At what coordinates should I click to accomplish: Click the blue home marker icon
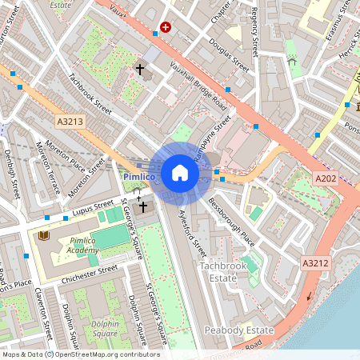tap(180, 173)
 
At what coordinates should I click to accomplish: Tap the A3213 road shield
tap(70, 121)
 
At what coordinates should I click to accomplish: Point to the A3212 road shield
tap(315, 262)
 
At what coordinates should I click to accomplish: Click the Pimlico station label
tap(139, 175)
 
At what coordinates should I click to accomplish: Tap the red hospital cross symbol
tap(166, 26)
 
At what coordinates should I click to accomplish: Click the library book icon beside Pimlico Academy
tap(43, 237)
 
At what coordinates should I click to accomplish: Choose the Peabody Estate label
tap(238, 330)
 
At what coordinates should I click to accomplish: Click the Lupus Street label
tap(94, 210)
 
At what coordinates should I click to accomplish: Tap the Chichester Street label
tap(90, 272)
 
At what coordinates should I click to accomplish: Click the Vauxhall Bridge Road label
tap(198, 89)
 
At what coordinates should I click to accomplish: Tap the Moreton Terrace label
tap(48, 168)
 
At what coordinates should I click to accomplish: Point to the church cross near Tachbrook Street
tap(141, 70)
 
